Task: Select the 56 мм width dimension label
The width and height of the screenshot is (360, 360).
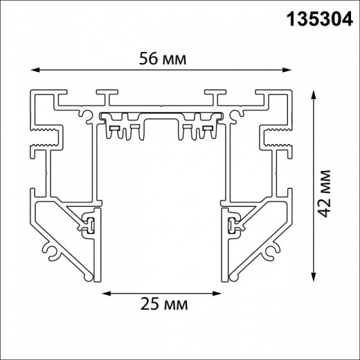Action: tap(162, 60)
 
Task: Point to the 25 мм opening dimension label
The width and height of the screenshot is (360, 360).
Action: tap(165, 304)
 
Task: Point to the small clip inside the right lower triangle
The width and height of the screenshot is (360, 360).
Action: tap(233, 223)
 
